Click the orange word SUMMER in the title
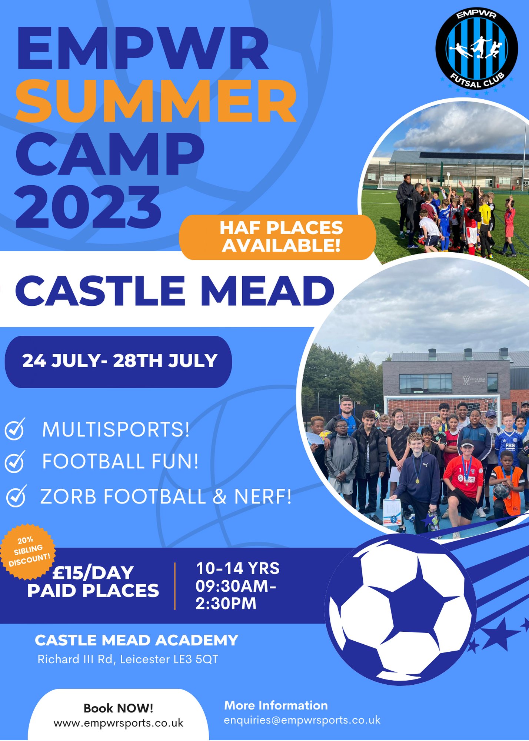[156, 101]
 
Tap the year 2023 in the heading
[88, 207]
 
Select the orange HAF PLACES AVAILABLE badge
[278, 237]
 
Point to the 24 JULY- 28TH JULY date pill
[119, 361]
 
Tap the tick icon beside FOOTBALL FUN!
[15, 462]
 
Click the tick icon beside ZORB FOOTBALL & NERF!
[16, 496]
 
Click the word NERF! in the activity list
[263, 496]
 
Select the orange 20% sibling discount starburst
[28, 551]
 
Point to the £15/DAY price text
[93, 573]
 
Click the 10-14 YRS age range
[237, 568]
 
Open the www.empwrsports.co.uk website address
[118, 723]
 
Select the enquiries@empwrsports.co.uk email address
[302, 720]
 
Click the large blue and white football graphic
[400, 608]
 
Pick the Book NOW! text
[118, 708]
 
